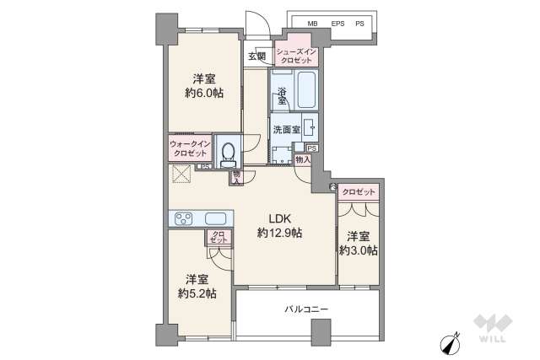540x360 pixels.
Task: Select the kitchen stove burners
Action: tap(184, 218)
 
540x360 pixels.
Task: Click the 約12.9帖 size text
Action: tap(280, 233)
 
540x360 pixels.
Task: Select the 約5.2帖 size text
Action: tap(197, 293)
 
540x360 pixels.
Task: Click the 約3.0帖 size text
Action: tap(359, 250)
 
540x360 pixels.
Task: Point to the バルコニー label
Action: tap(305, 309)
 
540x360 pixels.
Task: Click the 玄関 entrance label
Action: tap(257, 57)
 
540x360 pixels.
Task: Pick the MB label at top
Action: tap(313, 24)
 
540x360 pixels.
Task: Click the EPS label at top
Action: tap(337, 24)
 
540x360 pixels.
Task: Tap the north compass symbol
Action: tap(450, 344)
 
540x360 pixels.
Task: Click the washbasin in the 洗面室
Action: tap(310, 128)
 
